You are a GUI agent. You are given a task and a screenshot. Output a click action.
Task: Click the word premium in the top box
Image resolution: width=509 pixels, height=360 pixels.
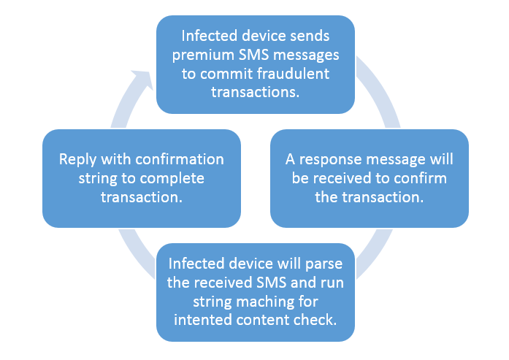(200, 55)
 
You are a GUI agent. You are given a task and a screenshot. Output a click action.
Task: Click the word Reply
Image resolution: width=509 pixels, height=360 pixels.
(79, 159)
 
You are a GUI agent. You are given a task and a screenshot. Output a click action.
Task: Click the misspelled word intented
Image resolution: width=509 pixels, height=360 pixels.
(197, 318)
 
